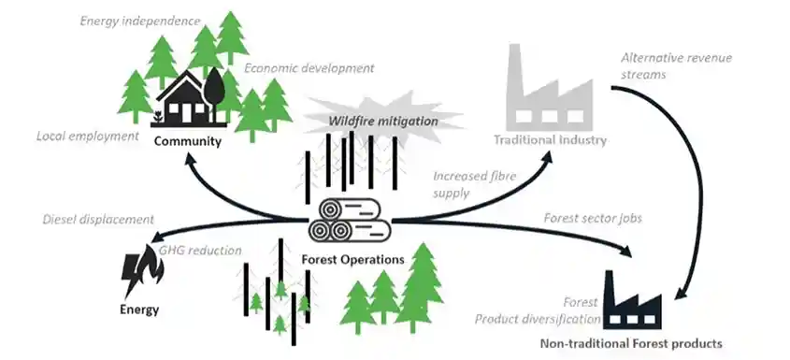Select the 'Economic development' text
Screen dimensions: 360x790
(x=309, y=68)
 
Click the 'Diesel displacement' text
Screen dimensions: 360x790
(x=97, y=220)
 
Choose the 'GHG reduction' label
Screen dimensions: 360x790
(x=200, y=251)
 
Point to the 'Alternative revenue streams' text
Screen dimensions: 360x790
(x=676, y=66)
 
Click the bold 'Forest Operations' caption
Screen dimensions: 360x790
(x=354, y=259)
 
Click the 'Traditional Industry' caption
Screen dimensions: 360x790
(x=550, y=140)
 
